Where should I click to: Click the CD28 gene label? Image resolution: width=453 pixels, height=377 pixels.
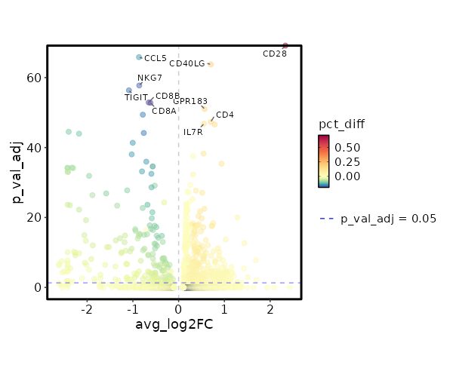(275, 54)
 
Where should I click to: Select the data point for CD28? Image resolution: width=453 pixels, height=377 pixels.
(285, 46)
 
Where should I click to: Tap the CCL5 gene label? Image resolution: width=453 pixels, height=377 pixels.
(156, 58)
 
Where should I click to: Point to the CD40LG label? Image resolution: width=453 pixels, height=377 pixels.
(186, 63)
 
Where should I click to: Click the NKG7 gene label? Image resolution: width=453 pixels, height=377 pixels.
(149, 78)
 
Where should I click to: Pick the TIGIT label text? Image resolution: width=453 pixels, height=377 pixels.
(137, 97)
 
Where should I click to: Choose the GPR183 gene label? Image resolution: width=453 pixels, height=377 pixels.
(190, 101)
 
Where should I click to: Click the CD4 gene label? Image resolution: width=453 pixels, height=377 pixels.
(225, 115)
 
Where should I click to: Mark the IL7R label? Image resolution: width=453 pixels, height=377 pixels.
(193, 132)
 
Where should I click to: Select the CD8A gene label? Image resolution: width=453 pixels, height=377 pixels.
(164, 111)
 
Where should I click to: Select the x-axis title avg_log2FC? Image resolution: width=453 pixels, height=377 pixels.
(174, 324)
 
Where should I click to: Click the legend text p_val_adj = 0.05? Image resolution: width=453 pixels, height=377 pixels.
(389, 219)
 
